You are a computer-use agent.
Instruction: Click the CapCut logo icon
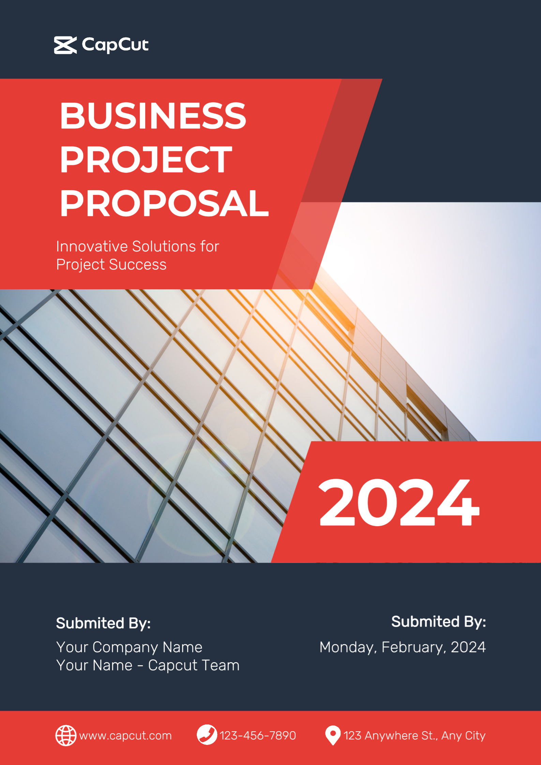65,45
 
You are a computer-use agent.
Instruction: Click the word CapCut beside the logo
115,45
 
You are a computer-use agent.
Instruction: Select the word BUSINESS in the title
153,116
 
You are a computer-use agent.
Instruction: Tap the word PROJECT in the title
146,159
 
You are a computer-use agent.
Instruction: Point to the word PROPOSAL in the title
164,203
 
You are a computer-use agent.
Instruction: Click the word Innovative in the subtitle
92,246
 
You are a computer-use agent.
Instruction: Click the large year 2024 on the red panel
399,502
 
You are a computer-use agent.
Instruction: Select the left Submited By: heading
103,623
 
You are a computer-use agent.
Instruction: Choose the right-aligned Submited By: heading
439,622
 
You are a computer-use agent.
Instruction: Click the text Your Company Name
129,647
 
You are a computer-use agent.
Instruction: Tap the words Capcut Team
194,665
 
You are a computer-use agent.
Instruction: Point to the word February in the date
414,647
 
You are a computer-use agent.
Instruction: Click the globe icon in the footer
66,735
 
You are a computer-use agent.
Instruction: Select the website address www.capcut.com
125,736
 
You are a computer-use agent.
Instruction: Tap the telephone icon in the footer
207,735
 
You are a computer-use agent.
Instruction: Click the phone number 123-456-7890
258,735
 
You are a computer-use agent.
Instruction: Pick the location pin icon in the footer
333,735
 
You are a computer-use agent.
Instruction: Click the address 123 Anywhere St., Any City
415,736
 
